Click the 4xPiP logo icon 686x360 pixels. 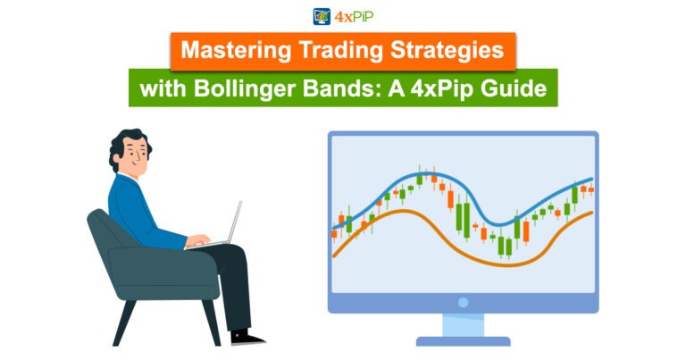click(322, 16)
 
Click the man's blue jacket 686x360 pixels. click(134, 210)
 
